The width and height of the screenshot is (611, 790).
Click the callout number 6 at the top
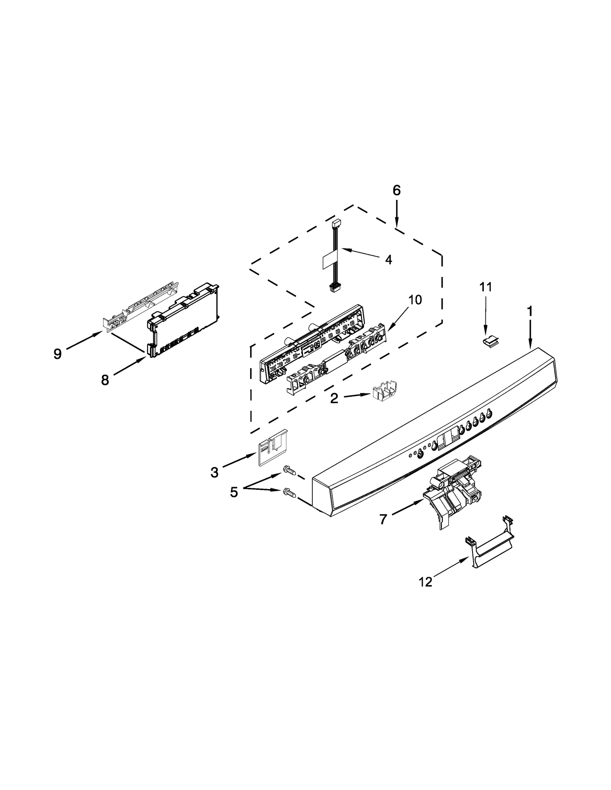396,190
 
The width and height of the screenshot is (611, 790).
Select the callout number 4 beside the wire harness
388,260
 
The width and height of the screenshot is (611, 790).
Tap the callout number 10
415,300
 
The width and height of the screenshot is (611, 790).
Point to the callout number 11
486,287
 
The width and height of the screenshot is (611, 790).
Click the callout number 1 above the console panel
530,311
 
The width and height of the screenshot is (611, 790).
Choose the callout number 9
57,354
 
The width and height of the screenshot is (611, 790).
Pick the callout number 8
105,380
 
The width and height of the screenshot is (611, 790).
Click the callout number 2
334,399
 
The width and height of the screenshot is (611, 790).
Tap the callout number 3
215,473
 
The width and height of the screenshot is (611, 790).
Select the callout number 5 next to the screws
234,492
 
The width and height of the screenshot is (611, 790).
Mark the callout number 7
383,519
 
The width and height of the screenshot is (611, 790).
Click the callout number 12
425,582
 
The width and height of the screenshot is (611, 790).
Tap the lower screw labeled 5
289,493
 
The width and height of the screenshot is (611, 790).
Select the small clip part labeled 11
490,341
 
